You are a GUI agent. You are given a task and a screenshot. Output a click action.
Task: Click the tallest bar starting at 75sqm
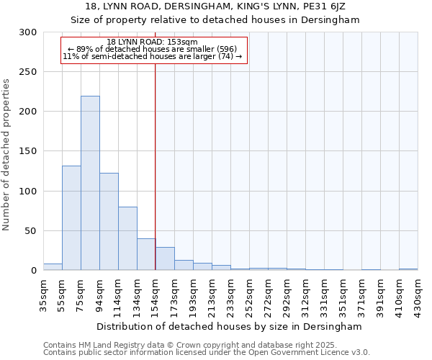pos(90,183)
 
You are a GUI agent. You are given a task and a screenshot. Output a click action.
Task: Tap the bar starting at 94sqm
pos(109,221)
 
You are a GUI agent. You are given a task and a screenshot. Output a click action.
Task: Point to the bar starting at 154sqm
pos(165,258)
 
